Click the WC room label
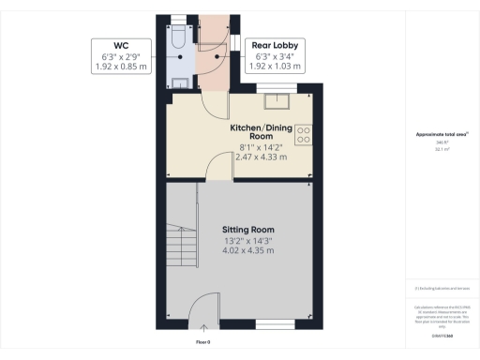[121, 45]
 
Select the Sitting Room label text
[247, 229]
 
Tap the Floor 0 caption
[202, 341]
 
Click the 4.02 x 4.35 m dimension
[247, 251]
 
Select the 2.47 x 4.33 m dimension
[261, 157]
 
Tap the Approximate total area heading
[442, 135]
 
